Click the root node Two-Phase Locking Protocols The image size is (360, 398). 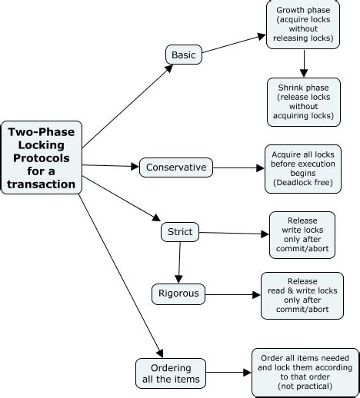pos(42,158)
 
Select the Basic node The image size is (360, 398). pos(183,55)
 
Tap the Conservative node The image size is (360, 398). pos(175,167)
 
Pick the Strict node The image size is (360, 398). pos(180,231)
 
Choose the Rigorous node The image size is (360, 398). pos(179,293)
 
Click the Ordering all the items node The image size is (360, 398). pos(171,373)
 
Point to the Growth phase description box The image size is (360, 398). pos(304,25)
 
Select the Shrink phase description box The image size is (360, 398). pos(304,102)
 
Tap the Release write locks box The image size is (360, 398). pos(302,235)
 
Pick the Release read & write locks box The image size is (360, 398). pos(302,295)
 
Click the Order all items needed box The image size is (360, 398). pos(305,373)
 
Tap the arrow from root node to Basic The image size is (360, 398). pos(127,107)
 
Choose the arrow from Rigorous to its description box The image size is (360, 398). pos(231,294)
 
